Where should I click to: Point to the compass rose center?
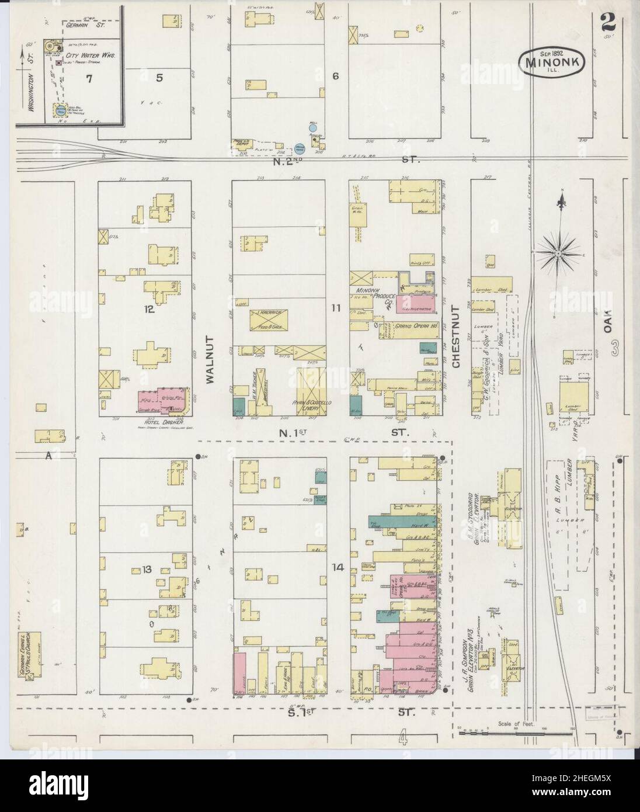(x=557, y=253)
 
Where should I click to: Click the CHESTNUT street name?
(x=457, y=337)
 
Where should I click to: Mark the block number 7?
(x=89, y=79)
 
